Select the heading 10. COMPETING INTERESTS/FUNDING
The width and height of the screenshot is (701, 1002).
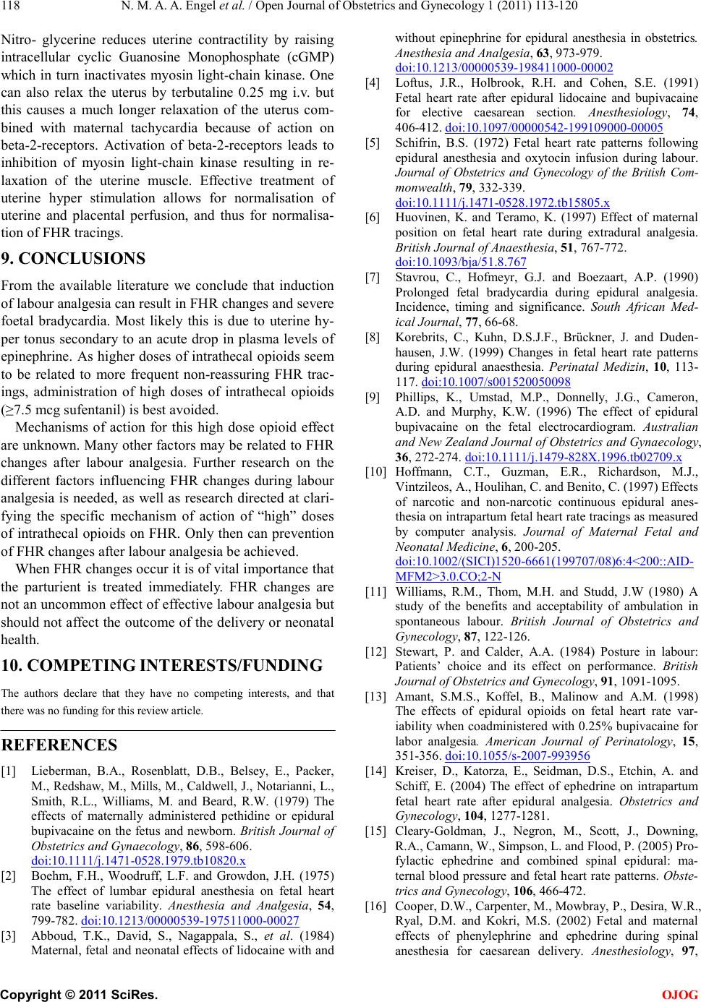click(162, 666)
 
